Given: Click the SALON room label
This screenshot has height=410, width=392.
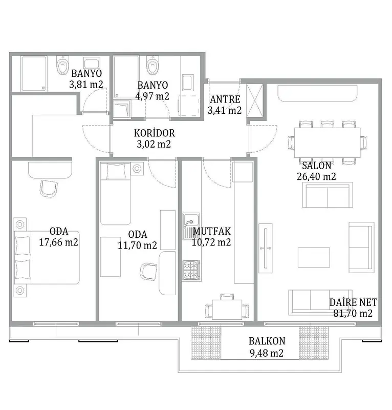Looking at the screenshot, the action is (316, 166).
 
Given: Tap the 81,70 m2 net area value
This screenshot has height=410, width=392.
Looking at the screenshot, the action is (353, 313).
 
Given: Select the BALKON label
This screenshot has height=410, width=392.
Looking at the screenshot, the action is (267, 341).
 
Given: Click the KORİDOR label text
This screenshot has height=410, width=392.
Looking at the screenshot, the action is (154, 133).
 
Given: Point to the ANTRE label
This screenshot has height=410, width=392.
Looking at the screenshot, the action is (225, 99).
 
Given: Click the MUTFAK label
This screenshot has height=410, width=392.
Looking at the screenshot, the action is (211, 231).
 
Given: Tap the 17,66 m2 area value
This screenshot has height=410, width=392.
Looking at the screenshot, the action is (58, 242).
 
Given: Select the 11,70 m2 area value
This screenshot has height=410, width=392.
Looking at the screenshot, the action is (137, 245).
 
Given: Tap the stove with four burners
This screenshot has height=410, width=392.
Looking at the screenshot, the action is (191, 271).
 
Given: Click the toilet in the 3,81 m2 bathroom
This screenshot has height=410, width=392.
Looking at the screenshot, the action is (62, 66).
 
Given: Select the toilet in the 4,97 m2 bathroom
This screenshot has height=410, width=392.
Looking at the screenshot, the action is (153, 66).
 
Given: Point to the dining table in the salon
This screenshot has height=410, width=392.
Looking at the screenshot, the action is (327, 142).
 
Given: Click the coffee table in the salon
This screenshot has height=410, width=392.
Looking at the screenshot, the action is (314, 258).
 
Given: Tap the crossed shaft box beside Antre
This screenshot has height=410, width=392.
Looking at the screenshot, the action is (255, 101).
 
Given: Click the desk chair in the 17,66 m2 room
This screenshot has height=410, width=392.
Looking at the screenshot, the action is (49, 188).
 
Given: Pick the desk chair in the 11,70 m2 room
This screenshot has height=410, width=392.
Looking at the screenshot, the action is (148, 272).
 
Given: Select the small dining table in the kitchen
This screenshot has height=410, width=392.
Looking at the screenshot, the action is (227, 310).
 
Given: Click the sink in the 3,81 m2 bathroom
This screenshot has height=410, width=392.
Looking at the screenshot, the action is (92, 63).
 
